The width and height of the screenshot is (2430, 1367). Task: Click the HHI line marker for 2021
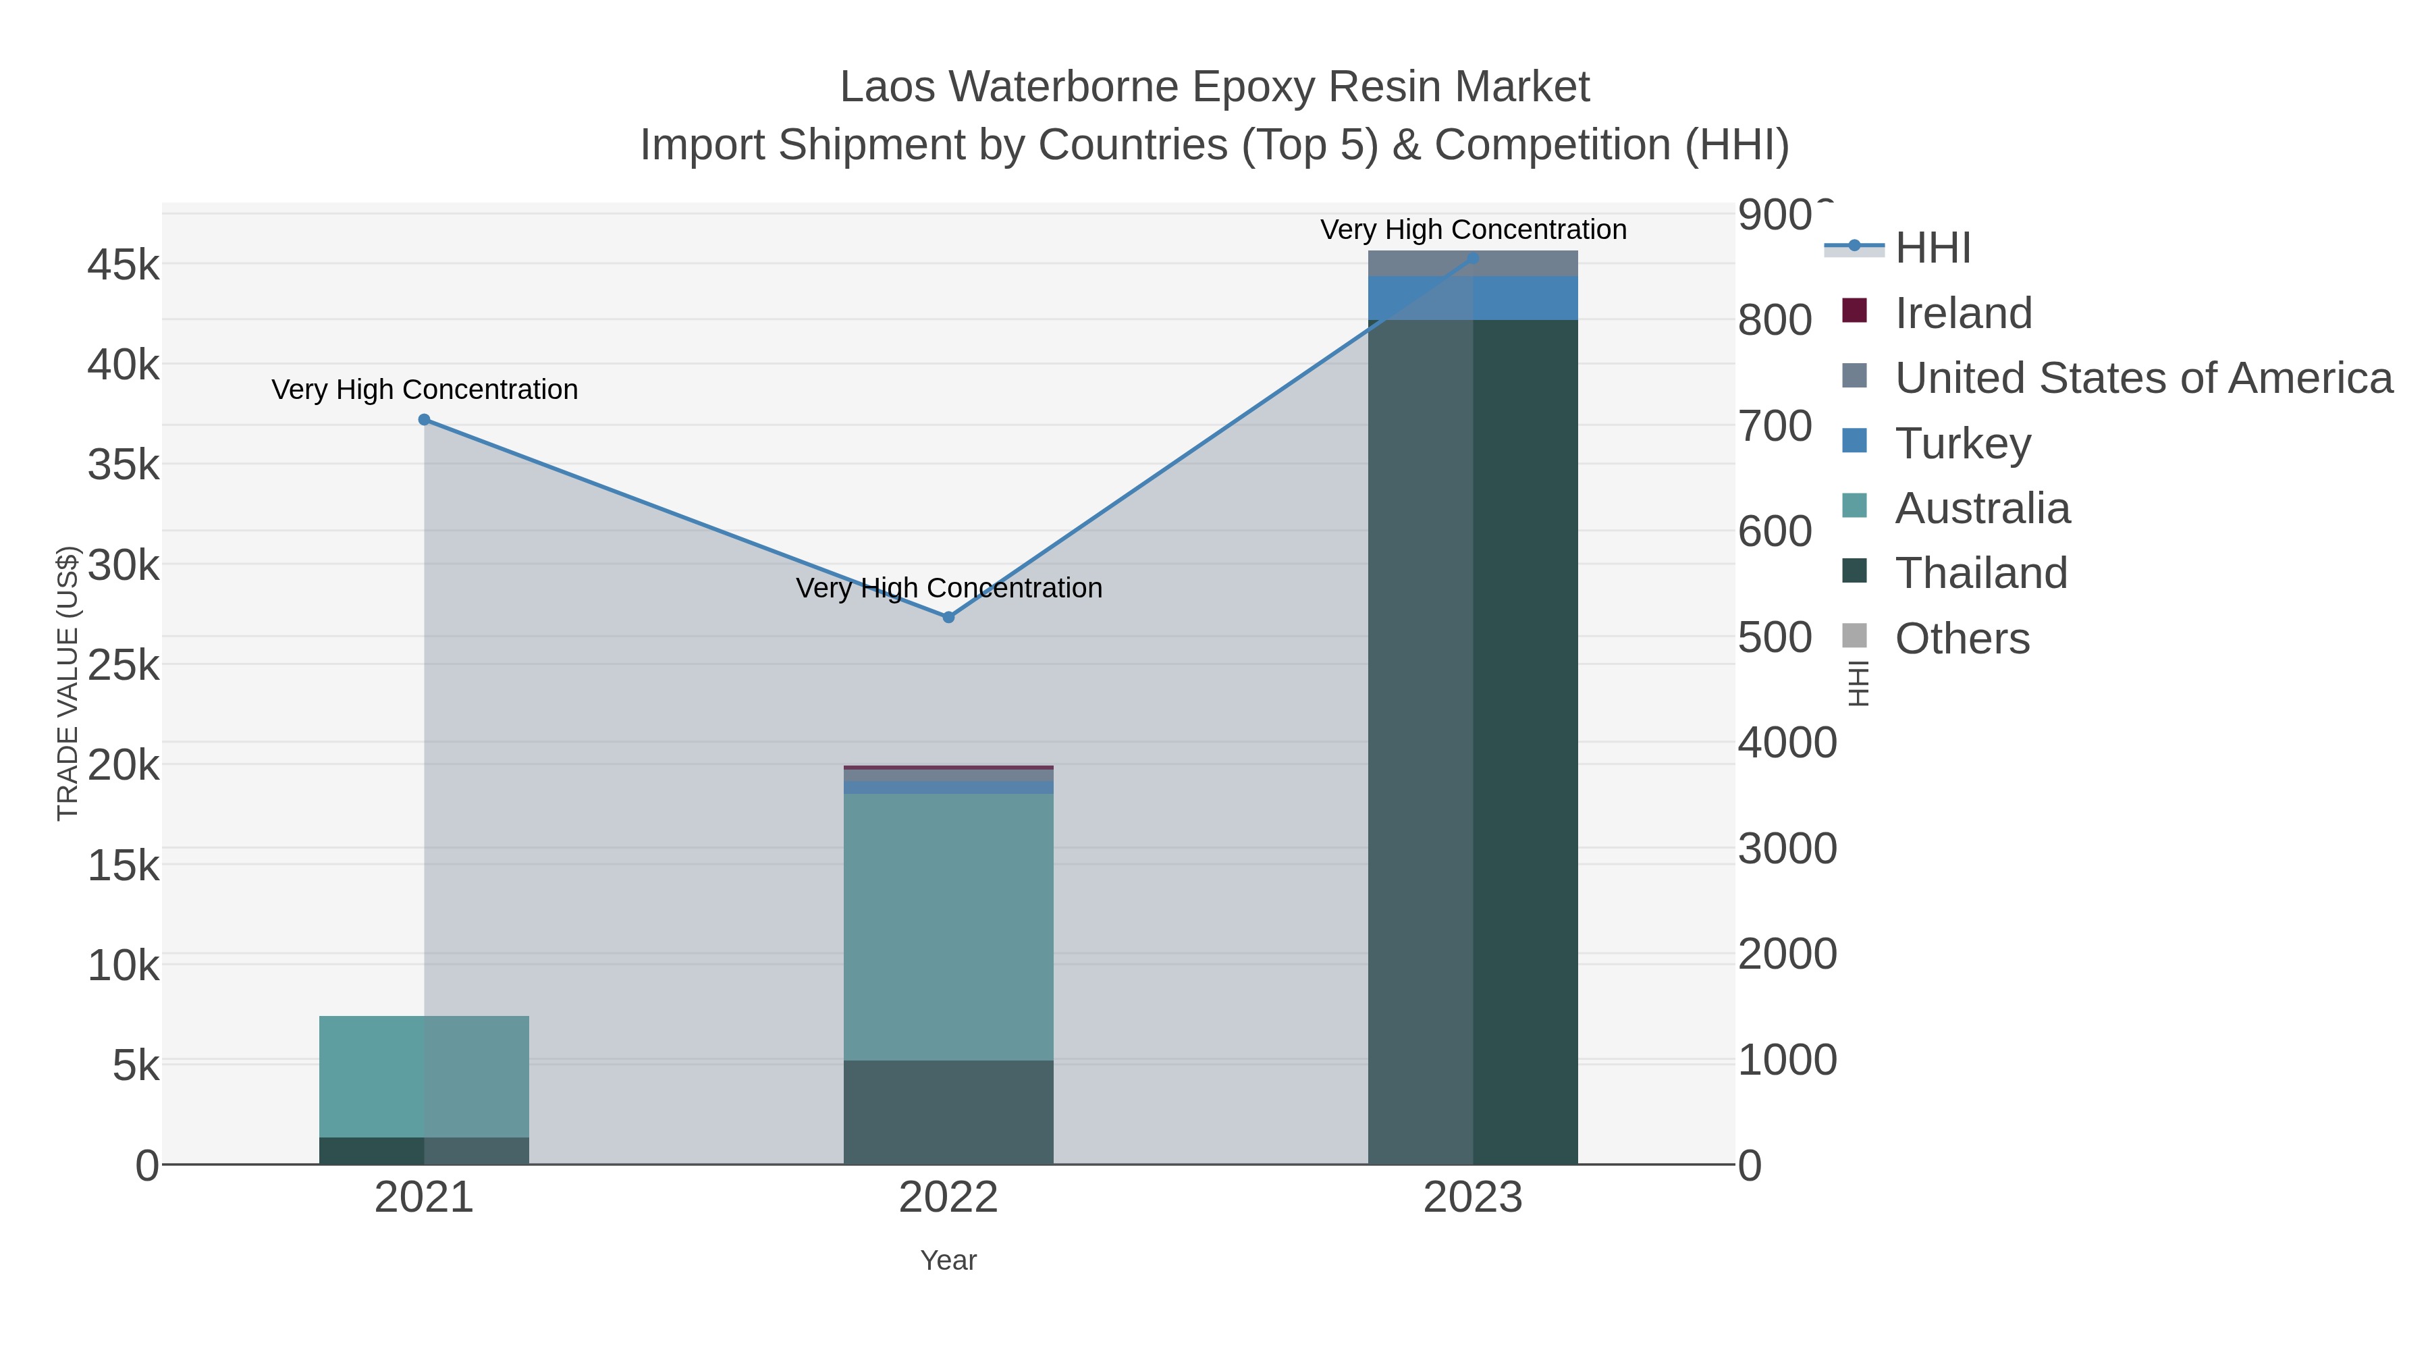[x=425, y=420]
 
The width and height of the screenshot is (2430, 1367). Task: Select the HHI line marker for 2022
[x=949, y=617]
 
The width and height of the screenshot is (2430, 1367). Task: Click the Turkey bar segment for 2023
[x=1473, y=298]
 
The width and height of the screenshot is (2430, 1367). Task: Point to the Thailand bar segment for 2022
[x=948, y=1113]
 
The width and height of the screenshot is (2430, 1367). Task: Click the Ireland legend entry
[x=1963, y=313]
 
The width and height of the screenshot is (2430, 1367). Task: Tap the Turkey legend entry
[x=1962, y=444]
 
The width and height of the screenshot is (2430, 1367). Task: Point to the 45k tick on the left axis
[x=124, y=265]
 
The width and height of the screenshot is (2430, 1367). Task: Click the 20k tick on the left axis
[x=124, y=765]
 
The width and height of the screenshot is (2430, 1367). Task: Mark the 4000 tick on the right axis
[x=1787, y=743]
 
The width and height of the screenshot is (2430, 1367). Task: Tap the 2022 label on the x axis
[x=948, y=1198]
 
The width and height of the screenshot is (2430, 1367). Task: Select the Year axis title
[x=948, y=1260]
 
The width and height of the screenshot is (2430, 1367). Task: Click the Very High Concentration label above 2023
[x=1473, y=230]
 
